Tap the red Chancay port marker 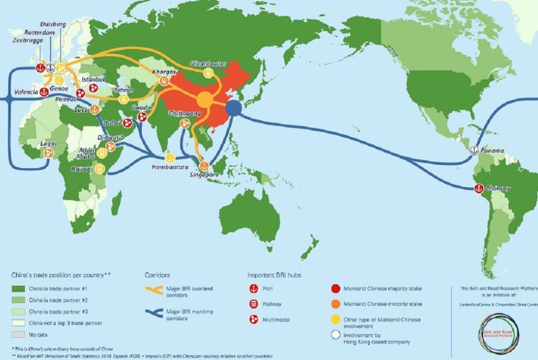[x=478, y=188]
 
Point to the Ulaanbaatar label [x=209, y=64]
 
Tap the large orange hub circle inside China [x=204, y=99]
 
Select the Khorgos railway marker [x=164, y=81]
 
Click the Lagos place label [x=48, y=143]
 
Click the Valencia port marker [x=44, y=91]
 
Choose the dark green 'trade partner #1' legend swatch [x=18, y=289]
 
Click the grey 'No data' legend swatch [x=18, y=334]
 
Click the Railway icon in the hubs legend [x=254, y=304]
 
